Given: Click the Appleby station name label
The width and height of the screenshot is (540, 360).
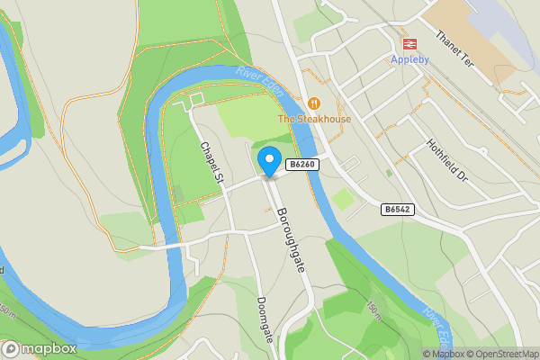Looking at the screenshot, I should [x=410, y=59].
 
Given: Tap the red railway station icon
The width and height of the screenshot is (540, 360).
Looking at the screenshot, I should [x=410, y=43].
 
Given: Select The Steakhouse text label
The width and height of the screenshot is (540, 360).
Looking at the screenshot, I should [x=314, y=119].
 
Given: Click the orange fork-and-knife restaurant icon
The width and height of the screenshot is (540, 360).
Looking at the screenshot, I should [x=314, y=103].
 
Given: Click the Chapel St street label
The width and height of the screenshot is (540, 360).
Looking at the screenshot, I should [x=211, y=164].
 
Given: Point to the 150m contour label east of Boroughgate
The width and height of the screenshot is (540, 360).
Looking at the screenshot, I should [x=373, y=310].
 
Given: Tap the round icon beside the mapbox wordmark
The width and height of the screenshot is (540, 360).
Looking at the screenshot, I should [x=11, y=348].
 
